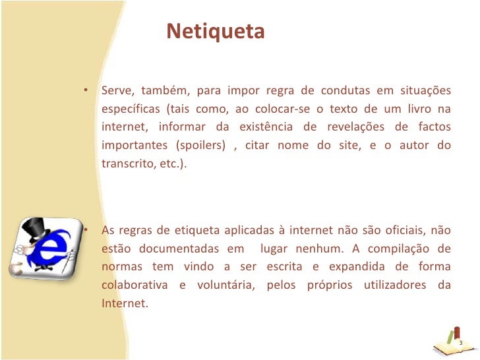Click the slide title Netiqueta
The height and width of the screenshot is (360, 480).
pos(215,31)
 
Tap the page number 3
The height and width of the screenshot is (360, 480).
pos(460,343)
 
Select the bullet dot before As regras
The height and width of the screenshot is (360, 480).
pos(86,230)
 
